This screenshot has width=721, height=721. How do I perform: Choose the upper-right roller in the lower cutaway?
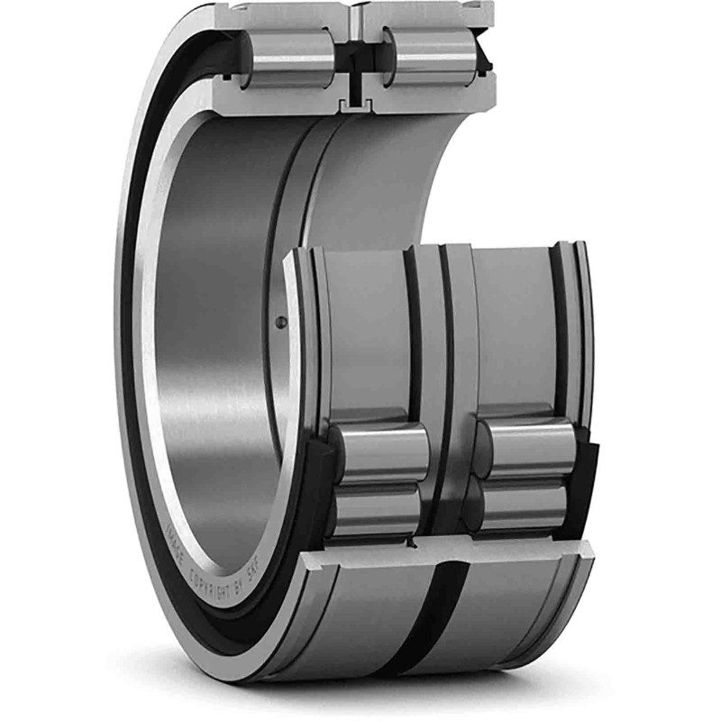525,448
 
